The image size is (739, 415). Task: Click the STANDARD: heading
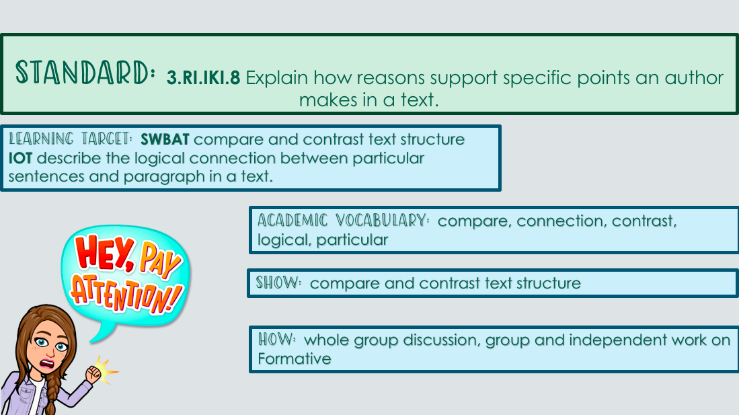[85, 73]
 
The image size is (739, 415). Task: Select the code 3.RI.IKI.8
[204, 78]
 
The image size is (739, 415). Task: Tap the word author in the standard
[694, 78]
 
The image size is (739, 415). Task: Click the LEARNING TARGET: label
[71, 139]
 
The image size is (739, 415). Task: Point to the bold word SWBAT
[165, 139]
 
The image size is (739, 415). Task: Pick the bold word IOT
[20, 158]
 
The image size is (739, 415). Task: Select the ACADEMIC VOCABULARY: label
[344, 220]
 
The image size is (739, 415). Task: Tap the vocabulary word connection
[559, 221]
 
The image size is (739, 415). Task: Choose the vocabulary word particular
[352, 241]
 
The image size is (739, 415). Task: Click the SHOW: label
[278, 282]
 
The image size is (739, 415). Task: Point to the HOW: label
[276, 339]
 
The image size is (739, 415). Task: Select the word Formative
[294, 359]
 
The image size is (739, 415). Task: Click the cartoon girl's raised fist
[93, 374]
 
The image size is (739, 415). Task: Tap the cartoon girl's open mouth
[48, 365]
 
